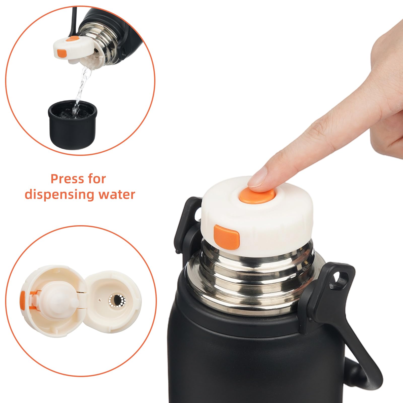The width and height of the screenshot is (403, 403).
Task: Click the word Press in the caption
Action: [x=67, y=179]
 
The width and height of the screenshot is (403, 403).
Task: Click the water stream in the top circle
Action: [x=81, y=86]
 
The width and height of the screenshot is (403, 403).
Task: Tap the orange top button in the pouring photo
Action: [x=74, y=39]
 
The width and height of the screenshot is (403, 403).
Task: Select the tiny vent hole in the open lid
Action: [x=100, y=300]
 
